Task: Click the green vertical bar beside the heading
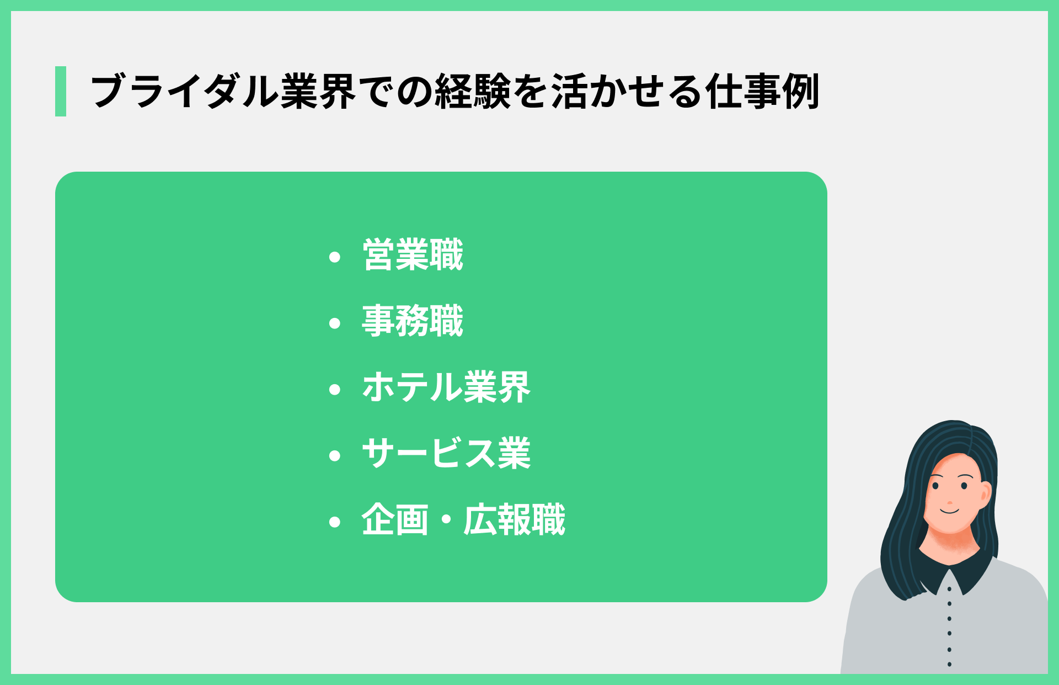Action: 61,91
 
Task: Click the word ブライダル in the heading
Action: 184,91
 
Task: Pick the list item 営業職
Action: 413,255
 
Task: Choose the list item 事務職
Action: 413,321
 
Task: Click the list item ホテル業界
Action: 446,387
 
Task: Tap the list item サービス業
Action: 446,454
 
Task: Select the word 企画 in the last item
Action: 395,520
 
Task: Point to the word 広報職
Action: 514,520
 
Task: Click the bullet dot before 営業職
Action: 334,257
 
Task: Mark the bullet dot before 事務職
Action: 334,323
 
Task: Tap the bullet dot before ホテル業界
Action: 334,390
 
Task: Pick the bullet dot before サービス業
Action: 334,456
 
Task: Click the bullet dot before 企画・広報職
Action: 334,522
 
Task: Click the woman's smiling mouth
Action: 950,512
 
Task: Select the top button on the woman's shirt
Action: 949,589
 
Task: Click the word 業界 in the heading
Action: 318,91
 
